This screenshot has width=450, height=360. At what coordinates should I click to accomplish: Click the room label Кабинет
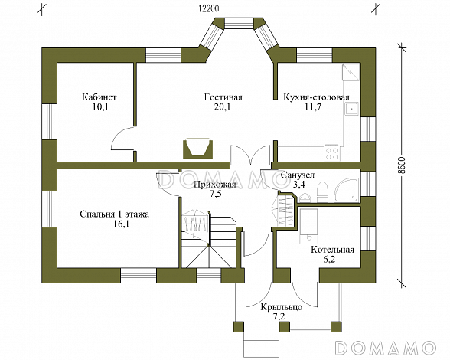[99, 97]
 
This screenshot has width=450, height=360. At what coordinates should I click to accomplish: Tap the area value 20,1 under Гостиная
[223, 107]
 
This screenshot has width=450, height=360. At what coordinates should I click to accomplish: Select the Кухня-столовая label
[316, 97]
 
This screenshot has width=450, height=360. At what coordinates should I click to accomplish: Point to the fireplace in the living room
[198, 149]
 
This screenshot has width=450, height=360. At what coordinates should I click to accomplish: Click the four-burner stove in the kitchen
[332, 153]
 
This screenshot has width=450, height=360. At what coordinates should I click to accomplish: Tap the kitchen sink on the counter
[351, 109]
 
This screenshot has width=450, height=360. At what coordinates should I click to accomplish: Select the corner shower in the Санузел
[347, 190]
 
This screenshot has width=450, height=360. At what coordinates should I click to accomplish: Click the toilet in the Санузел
[322, 191]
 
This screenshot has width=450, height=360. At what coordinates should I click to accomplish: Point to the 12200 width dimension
[209, 8]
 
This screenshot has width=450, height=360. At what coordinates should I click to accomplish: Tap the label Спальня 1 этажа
[115, 214]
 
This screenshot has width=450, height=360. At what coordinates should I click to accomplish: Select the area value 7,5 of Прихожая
[215, 195]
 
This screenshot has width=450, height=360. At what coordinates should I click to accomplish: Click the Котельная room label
[332, 250]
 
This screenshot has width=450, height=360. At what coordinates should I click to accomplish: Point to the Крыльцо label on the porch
[282, 307]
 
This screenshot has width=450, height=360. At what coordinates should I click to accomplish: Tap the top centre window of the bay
[239, 24]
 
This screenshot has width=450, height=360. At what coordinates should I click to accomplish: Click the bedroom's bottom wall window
[139, 276]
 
